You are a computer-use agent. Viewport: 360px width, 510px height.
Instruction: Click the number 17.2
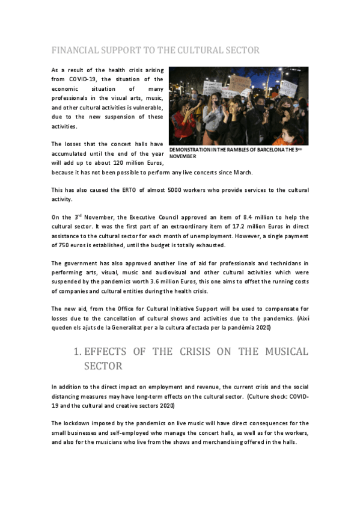click(x=211, y=226)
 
